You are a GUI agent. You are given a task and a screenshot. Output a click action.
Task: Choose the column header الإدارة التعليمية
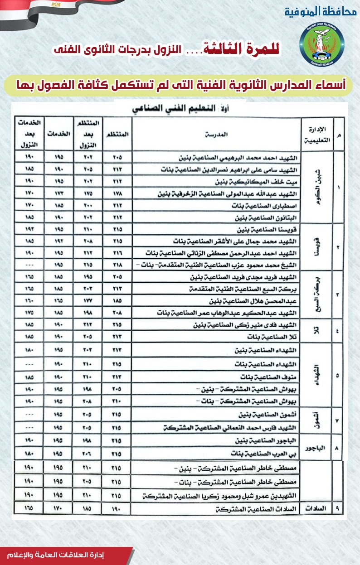point(317,135)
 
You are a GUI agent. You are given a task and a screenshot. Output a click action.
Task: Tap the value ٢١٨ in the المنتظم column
point(117,265)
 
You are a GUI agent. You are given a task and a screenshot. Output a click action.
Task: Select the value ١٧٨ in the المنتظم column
point(117,194)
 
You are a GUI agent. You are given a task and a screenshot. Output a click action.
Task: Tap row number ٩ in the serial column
point(338,509)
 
